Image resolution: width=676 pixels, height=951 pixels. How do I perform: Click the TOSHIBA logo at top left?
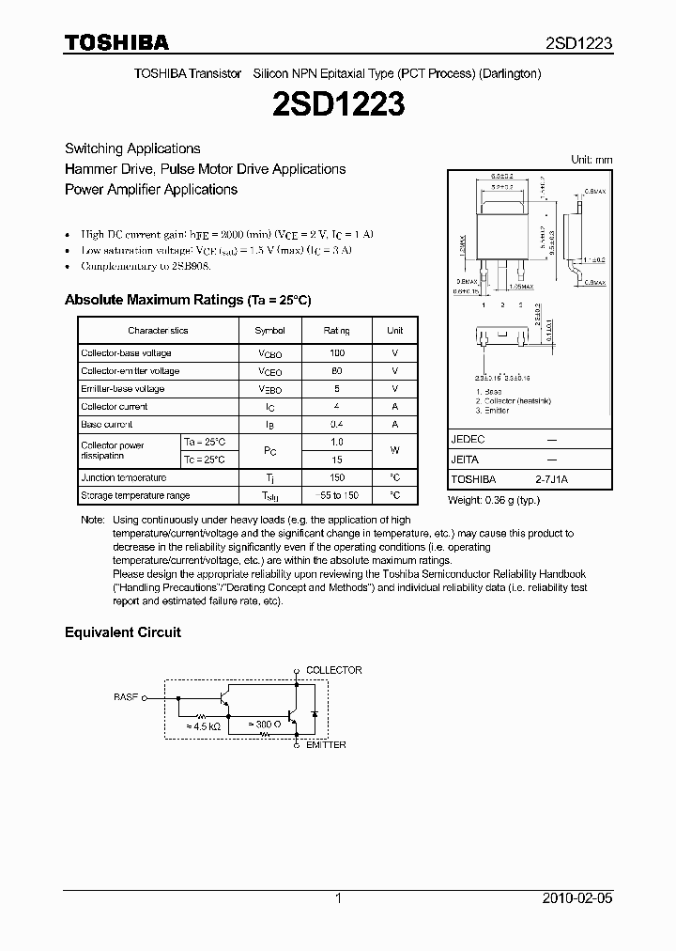point(116,43)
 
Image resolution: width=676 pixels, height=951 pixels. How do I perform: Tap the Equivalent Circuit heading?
point(122,632)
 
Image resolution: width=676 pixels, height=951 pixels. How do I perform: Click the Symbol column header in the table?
point(269,331)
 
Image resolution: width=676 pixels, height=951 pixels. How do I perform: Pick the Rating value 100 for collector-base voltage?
point(337,353)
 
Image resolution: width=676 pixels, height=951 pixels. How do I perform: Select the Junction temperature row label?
point(123,477)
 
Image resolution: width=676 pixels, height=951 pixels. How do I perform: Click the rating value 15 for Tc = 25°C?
point(337,460)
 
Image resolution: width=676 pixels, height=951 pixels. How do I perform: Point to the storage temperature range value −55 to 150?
point(337,495)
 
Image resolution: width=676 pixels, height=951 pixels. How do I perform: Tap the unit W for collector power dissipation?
point(394,451)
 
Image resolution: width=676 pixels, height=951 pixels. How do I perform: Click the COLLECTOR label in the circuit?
point(333,670)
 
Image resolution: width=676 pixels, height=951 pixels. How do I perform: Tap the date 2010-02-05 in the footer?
point(576,898)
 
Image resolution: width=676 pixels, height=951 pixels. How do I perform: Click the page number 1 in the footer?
point(338,898)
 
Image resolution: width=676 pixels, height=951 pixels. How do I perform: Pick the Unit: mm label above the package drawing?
point(591,160)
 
